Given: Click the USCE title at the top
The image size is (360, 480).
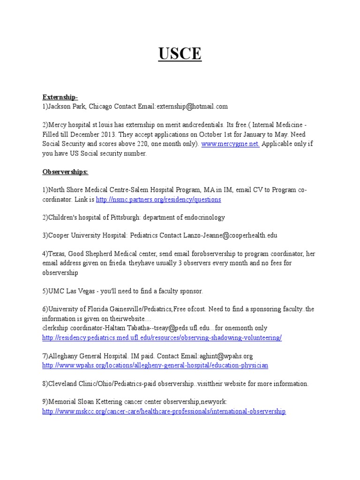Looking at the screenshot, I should click(x=180, y=54).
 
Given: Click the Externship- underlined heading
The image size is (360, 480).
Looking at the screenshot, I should click(x=60, y=97).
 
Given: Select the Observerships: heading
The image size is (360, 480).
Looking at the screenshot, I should click(x=65, y=172).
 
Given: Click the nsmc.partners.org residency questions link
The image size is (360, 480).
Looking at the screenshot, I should click(x=158, y=199).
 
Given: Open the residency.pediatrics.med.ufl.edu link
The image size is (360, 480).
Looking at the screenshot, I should click(x=162, y=337).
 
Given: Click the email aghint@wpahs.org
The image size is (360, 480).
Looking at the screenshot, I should click(x=226, y=356).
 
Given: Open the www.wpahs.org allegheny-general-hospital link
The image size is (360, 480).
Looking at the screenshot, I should click(x=155, y=365).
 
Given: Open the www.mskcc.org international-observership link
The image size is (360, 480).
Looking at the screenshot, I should click(x=164, y=411).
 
